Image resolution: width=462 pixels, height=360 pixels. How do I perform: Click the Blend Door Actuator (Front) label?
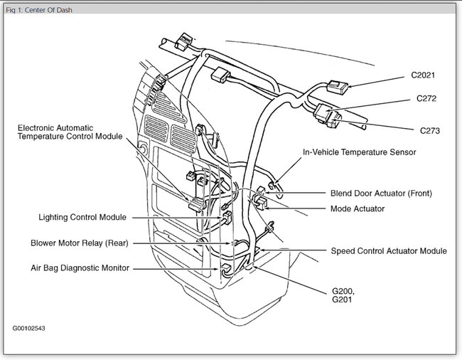[x=381, y=193]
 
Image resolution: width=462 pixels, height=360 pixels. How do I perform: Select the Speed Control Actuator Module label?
[x=389, y=250]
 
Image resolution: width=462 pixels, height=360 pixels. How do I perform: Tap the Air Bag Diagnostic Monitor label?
[x=80, y=268]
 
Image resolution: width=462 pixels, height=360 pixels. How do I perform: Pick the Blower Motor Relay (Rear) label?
[x=79, y=243]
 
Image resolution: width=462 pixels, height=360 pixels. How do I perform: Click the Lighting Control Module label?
[x=82, y=217]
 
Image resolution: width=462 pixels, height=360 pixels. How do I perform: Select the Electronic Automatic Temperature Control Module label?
[x=70, y=132]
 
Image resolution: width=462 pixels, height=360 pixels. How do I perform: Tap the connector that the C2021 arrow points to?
[x=338, y=89]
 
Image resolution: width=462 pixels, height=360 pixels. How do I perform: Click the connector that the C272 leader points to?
[x=327, y=112]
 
